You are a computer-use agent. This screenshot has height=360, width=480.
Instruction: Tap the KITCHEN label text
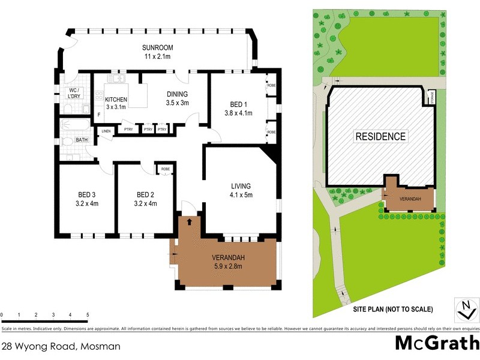point(116,100)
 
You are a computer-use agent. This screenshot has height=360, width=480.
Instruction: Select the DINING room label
point(177,94)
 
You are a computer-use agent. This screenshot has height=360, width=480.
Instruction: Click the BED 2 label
point(146,194)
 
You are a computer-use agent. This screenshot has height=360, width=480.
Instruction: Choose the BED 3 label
point(88,194)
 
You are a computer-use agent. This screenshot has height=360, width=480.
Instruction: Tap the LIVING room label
point(240,185)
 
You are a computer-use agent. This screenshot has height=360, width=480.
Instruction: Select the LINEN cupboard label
point(106,131)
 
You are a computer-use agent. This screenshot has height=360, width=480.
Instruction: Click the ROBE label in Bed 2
point(164,170)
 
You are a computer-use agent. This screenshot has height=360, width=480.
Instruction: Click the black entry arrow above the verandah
point(190,221)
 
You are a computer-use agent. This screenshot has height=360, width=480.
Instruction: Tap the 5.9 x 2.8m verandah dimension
point(229,267)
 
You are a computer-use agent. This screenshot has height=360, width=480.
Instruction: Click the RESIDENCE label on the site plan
point(381,136)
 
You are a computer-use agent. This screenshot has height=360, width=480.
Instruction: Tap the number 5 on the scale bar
point(88,314)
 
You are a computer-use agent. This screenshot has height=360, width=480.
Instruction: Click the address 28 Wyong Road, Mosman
point(61,346)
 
